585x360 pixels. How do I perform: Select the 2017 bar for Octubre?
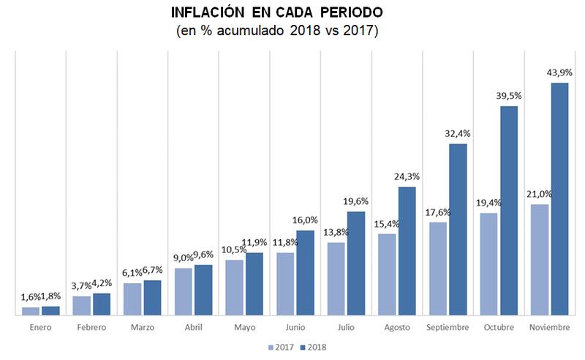click(488, 264)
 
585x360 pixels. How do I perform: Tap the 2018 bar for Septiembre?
click(458, 230)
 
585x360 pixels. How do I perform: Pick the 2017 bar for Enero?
click(31, 311)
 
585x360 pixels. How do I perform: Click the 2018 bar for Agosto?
click(407, 251)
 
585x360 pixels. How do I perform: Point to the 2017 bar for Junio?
click(285, 284)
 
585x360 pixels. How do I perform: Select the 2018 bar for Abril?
click(203, 290)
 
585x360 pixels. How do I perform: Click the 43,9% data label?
click(559, 72)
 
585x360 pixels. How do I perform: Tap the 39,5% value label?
click(508, 96)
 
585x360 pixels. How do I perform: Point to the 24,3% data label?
click(407, 176)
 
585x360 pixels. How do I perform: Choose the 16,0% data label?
click(305, 220)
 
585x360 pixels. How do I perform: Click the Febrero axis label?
click(91, 327)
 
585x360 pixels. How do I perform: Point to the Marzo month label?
click(143, 327)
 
